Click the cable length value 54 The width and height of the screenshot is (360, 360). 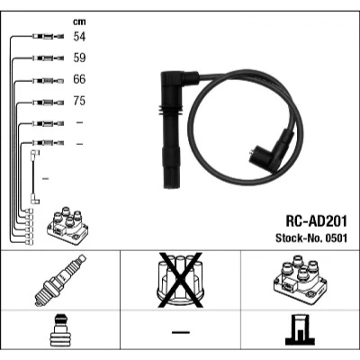79,37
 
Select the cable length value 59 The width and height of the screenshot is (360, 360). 79,58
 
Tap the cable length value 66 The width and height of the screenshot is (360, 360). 79,79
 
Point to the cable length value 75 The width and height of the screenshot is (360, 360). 79,101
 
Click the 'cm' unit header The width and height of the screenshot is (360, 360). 79,22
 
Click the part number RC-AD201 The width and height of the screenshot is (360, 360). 316,221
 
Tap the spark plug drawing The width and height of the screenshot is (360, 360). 60,280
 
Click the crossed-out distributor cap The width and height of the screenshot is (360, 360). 180,280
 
